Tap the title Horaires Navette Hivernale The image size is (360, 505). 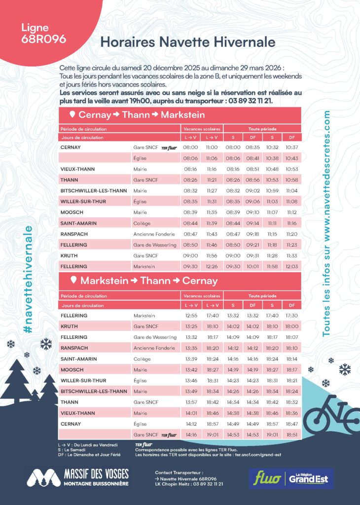coord(187,42)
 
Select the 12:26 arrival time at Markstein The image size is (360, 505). coord(212,266)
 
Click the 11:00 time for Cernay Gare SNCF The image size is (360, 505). coord(212,147)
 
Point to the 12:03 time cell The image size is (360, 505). coord(291,266)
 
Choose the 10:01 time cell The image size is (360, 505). coord(252,266)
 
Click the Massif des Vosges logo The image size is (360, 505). coord(77,477)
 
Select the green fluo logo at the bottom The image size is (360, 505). coord(265,477)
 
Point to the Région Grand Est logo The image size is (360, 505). coord(311,477)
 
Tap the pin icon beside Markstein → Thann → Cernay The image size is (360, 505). coord(73,281)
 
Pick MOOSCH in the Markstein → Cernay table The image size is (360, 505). coord(70,369)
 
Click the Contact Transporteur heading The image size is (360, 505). coord(179,472)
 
